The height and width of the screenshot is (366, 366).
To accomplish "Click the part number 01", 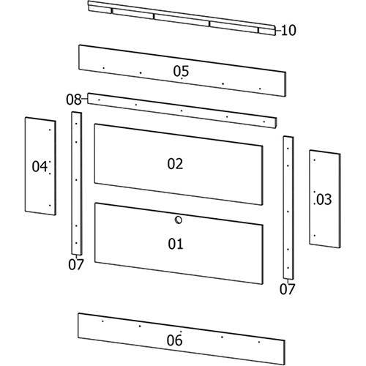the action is pos(176,244).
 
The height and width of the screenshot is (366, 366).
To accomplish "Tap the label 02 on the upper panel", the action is pos(175,164).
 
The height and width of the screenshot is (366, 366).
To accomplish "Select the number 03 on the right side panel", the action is pos(324,199).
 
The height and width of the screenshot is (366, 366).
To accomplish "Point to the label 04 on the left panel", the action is pos(40,166).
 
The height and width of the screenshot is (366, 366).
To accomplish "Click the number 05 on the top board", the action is pos(181,71).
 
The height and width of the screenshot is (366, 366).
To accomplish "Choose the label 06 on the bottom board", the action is pos(174,340).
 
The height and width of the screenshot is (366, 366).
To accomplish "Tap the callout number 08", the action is pos(74,100).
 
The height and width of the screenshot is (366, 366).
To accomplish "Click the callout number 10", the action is pos(288,30).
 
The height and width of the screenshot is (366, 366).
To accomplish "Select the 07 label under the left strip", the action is pos(76,264).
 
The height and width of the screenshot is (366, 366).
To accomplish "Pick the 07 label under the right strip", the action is pos(288,289).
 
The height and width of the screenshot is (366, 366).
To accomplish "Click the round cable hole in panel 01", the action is pos(179,220).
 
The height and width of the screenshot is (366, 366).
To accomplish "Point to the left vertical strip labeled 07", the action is pos(77,184).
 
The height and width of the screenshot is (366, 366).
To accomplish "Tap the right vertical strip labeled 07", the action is pos(288,208).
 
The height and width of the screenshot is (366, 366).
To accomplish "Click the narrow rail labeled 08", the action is pos(182,111).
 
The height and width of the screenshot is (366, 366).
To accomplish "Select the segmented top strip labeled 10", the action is pos(182,18).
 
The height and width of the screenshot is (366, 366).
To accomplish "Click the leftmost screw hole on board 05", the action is pos(104,68).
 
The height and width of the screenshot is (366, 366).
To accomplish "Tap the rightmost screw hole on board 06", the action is pos(259,342).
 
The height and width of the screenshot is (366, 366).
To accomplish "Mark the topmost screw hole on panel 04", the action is pos(50,130).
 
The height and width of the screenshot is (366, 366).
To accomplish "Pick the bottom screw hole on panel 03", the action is pos(315,236).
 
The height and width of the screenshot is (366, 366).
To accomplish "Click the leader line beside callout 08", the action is pos(84,99).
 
